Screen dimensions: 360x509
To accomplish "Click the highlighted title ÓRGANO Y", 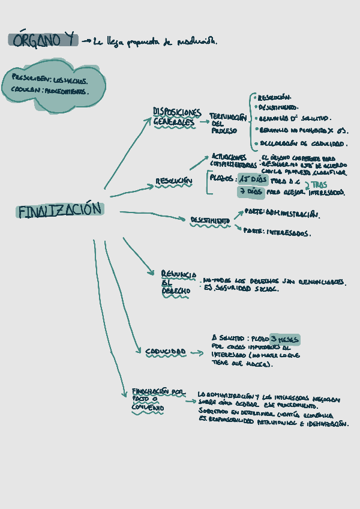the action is point(43,40).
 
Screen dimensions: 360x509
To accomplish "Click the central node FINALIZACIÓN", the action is point(60,211).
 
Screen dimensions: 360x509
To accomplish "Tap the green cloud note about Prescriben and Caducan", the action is point(53,85).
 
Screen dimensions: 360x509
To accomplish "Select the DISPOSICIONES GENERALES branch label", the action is point(176,117).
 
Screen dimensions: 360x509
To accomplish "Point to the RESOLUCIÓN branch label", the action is point(173,181).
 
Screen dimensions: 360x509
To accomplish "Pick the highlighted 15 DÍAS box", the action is point(251,179).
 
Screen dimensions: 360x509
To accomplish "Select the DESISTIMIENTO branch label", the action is point(210,221).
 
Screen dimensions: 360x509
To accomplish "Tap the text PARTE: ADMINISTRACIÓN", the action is point(281,214).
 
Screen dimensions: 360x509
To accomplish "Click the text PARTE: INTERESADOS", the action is point(277,232).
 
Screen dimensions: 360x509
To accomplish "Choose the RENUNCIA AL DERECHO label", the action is point(175,282).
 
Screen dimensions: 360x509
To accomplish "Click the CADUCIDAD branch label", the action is point(165,352).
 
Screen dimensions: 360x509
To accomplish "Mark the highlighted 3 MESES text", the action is point(284,340).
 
